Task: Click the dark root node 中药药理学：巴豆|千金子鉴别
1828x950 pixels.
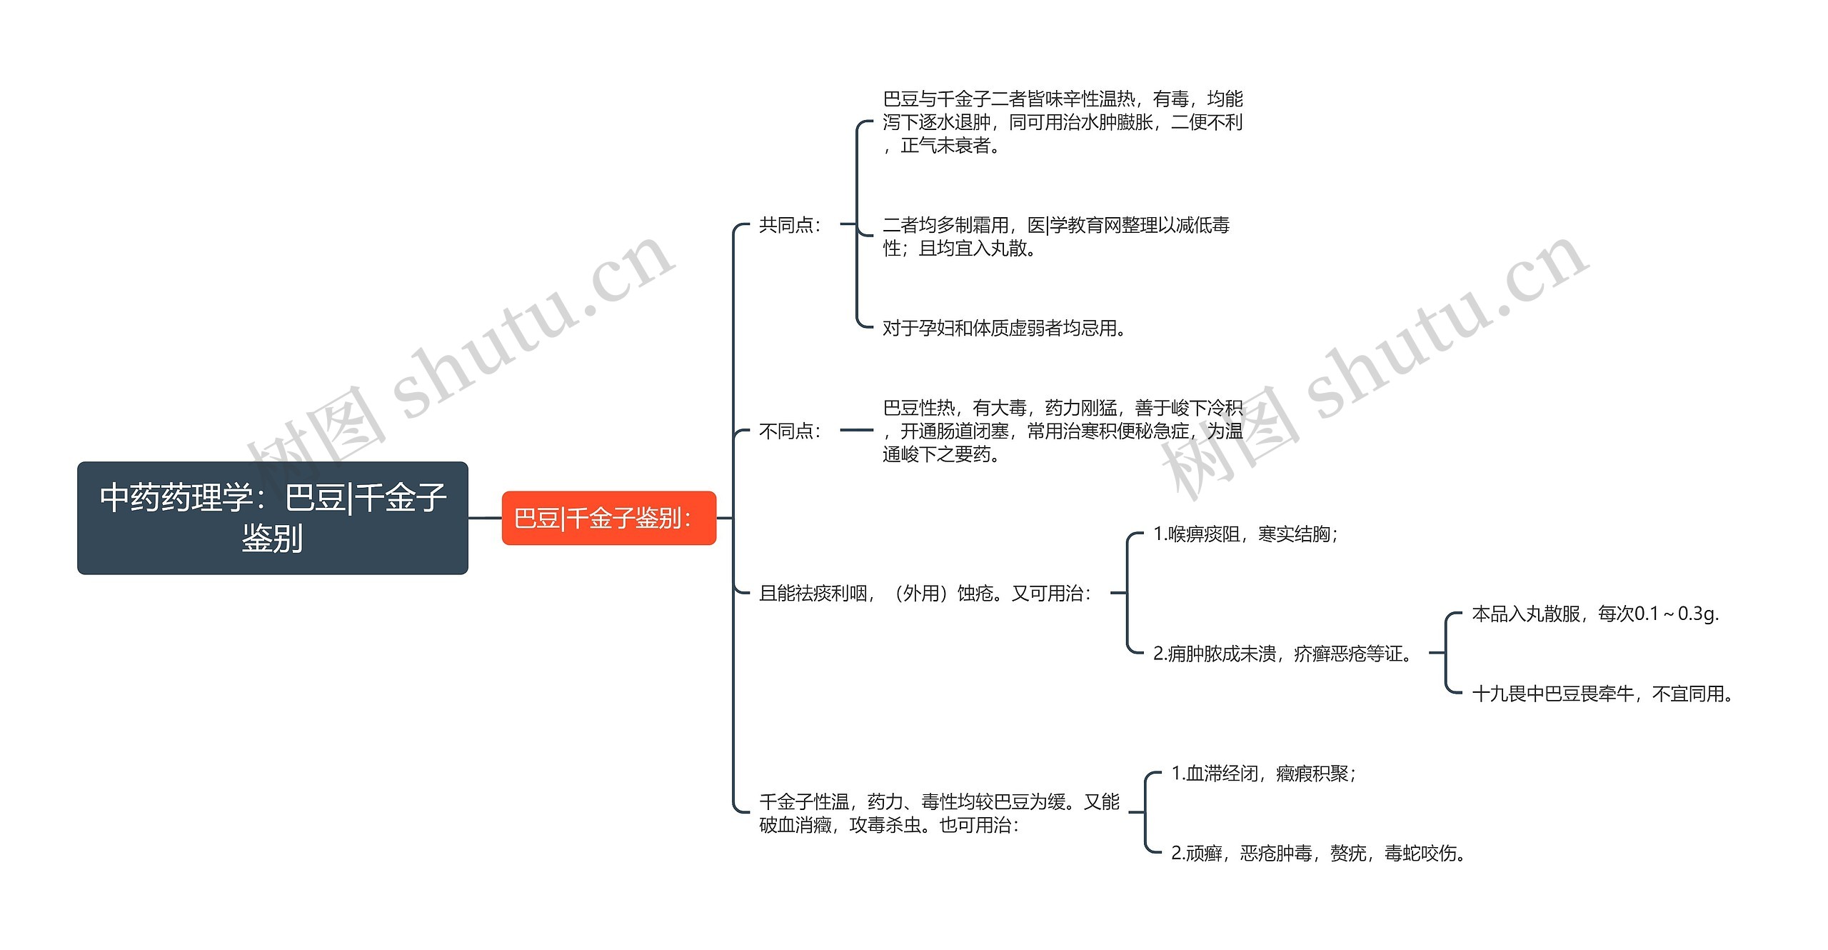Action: point(272,517)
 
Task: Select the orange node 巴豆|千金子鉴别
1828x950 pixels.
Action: point(608,518)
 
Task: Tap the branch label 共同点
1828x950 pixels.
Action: point(790,225)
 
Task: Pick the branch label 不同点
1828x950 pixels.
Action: point(790,431)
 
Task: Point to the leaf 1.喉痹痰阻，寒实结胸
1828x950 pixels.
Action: point(1245,534)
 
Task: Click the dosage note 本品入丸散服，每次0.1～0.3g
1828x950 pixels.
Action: point(1595,614)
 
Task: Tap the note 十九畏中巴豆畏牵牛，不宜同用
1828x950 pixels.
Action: point(1602,693)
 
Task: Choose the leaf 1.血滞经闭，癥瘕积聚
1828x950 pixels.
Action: point(1263,773)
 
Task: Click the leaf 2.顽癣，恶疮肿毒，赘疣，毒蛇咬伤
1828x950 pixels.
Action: point(1317,853)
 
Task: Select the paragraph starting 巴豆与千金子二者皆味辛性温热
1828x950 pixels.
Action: point(1063,122)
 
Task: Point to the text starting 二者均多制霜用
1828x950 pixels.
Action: point(1055,236)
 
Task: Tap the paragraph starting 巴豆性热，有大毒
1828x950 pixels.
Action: point(1063,431)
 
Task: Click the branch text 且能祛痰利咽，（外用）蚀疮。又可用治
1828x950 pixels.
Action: point(925,593)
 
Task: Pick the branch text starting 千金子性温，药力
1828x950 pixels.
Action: point(939,813)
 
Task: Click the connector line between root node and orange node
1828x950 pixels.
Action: point(485,518)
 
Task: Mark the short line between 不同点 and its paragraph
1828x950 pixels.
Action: point(856,431)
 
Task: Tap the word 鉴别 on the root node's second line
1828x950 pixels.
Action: point(272,538)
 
